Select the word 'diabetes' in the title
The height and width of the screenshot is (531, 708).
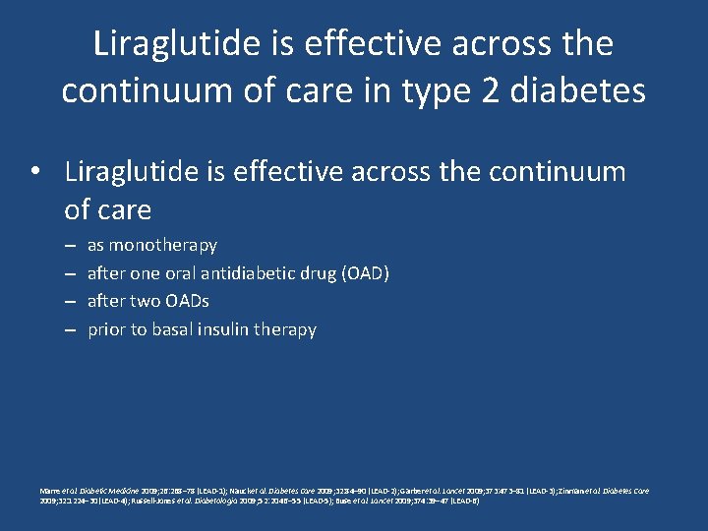coord(588,90)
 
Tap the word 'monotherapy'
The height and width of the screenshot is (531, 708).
coord(163,245)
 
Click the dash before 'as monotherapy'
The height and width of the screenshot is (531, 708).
coord(71,246)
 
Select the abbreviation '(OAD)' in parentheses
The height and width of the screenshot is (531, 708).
coord(365,272)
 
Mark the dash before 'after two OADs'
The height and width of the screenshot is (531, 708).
coord(71,302)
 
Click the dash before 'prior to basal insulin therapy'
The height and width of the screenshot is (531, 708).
coord(71,330)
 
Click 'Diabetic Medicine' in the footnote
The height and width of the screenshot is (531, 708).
coord(105,491)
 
